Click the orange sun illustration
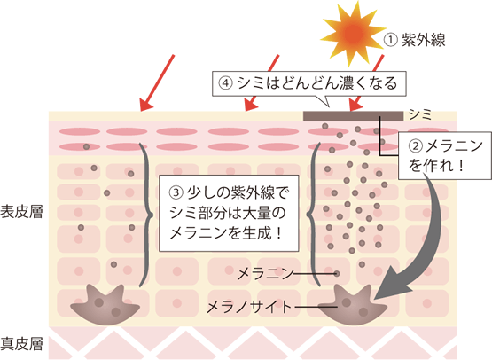click(354, 32)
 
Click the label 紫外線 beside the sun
click(424, 40)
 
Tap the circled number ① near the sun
click(391, 40)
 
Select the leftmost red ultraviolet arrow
click(157, 82)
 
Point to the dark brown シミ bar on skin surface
click(353, 116)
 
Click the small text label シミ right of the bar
click(420, 115)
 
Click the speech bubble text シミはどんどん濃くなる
click(317, 82)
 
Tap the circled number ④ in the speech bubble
click(226, 83)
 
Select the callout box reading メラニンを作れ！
click(445, 156)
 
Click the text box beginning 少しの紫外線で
click(229, 214)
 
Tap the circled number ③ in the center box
click(176, 192)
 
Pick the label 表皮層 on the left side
click(21, 212)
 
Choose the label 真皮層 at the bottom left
click(21, 343)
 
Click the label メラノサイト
click(249, 306)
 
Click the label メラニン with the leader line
click(265, 274)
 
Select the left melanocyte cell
click(105, 305)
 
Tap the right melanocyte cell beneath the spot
click(353, 305)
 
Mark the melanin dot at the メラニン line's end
click(337, 274)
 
